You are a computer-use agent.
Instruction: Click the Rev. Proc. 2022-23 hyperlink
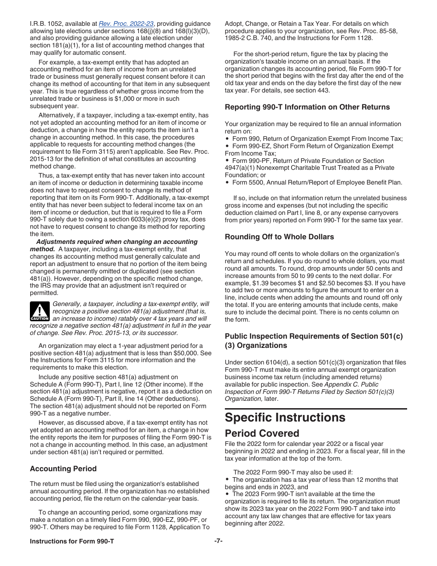coord(126,23)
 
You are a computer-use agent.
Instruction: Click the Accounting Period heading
coord(63,468)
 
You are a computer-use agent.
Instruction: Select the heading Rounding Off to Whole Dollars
coord(279,237)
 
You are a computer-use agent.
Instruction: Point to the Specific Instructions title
coord(285,417)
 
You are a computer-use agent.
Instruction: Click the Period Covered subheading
coord(262,433)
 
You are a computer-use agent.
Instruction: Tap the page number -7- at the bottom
coord(218,541)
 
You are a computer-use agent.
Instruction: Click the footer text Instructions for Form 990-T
coord(72,541)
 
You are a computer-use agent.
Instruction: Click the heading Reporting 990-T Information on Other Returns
coord(307,107)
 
